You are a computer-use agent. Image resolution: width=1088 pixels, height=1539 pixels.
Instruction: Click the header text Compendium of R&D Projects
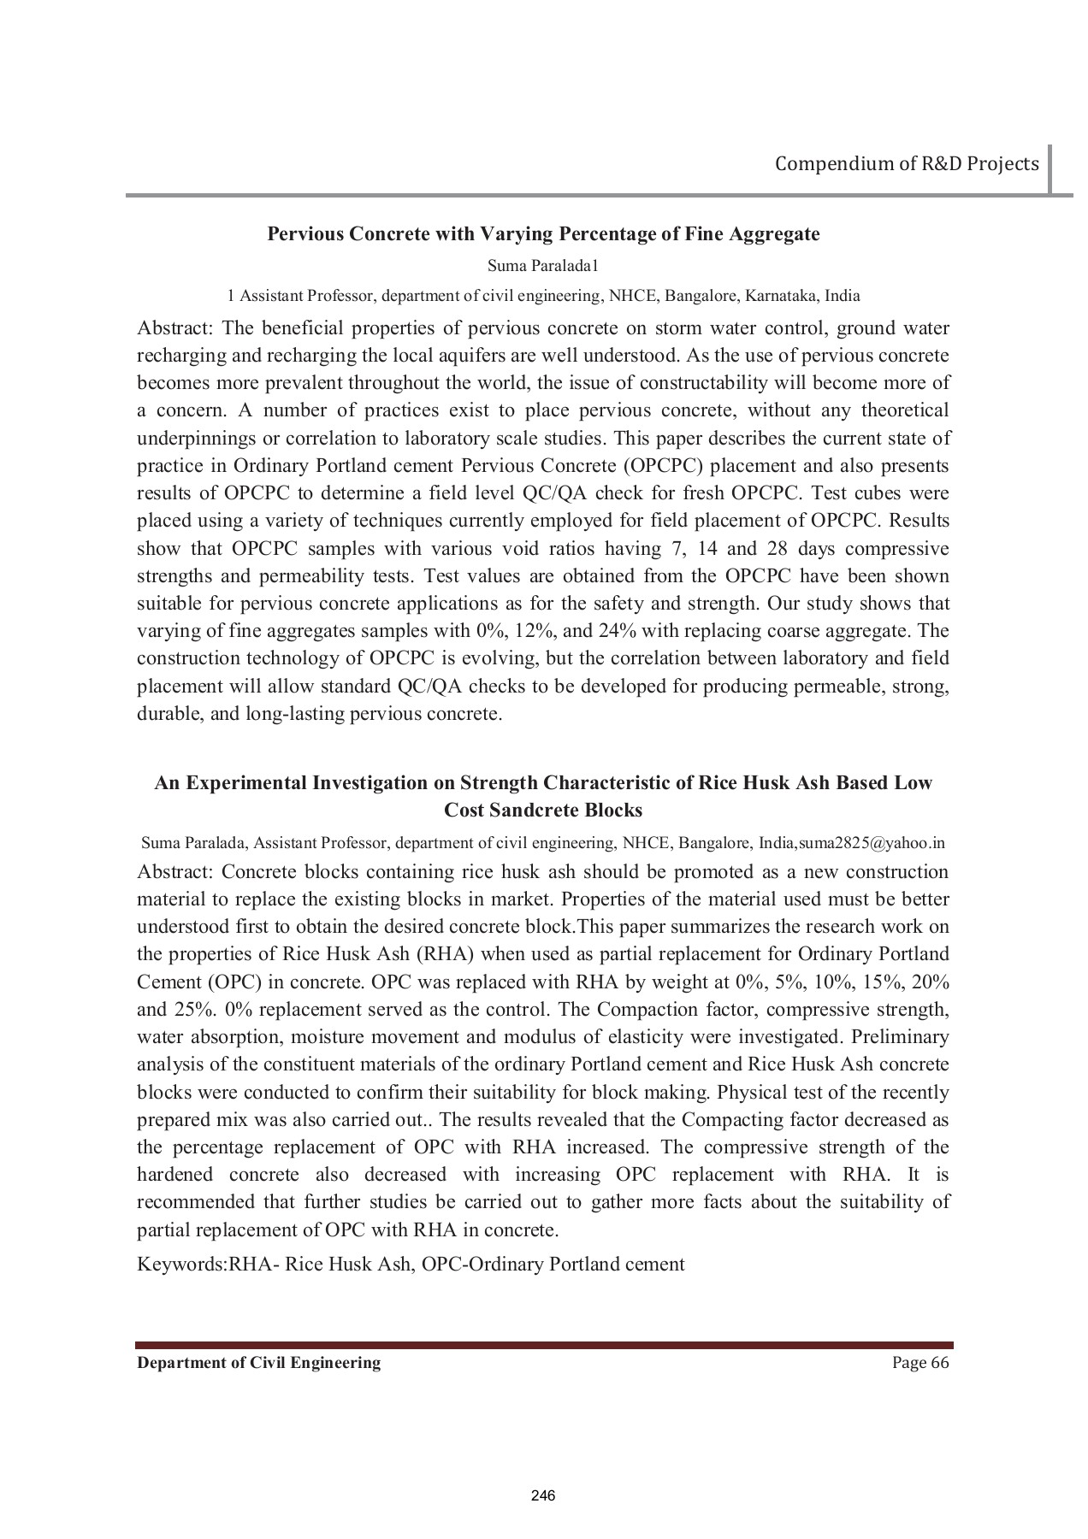907,163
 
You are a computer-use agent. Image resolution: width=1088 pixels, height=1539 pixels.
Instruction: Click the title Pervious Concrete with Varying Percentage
543,233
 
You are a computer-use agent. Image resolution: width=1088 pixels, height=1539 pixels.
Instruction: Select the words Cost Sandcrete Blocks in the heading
543,810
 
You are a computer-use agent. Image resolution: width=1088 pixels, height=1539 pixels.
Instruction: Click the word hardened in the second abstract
174,1175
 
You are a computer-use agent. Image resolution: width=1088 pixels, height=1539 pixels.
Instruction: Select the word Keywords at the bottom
180,1264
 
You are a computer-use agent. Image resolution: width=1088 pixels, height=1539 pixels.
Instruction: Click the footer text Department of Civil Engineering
259,1363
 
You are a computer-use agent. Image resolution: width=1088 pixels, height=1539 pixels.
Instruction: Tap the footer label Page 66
920,1363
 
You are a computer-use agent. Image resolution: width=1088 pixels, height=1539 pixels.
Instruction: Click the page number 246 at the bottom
543,1495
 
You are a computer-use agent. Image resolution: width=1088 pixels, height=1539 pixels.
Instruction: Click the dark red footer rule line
543,1345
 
